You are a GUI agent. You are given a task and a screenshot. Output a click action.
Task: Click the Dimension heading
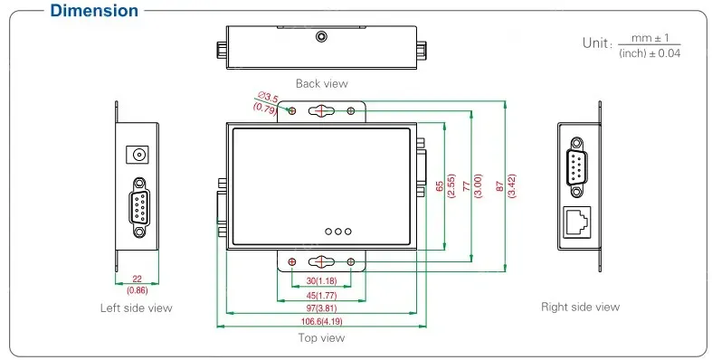click(94, 11)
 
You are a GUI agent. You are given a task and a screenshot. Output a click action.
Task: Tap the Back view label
click(321, 83)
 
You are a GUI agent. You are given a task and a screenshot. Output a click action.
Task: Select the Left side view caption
click(137, 308)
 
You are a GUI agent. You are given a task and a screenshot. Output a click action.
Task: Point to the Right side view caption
click(580, 308)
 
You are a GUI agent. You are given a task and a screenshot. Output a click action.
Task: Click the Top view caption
click(321, 337)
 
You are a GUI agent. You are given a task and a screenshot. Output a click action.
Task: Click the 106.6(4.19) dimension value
click(321, 322)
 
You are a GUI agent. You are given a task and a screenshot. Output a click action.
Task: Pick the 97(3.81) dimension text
click(321, 308)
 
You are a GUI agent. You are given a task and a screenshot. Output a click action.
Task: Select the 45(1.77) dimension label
click(321, 296)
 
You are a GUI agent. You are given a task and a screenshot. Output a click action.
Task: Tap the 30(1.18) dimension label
click(321, 281)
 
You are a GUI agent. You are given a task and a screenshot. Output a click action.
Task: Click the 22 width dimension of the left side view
click(137, 279)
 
